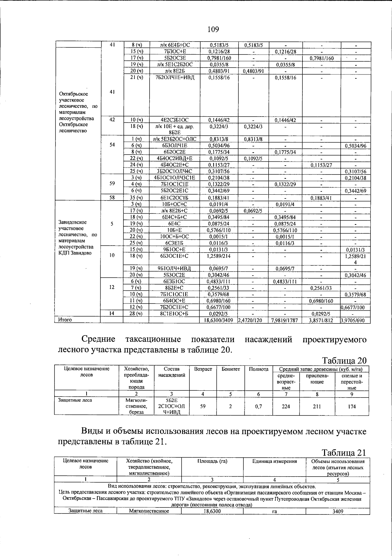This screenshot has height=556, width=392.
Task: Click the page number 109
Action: pyautogui.click(x=213, y=30)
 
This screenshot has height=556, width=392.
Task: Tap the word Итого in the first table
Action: pyautogui.click(x=65, y=320)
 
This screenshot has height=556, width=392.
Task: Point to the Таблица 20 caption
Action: pyautogui.click(x=344, y=360)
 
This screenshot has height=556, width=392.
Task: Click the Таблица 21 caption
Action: pyautogui.click(x=344, y=452)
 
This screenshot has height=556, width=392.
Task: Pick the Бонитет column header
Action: pyautogui.click(x=231, y=369)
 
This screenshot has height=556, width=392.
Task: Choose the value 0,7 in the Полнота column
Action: pyautogui.click(x=258, y=406)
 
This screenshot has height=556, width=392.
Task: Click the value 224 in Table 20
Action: pyautogui.click(x=286, y=406)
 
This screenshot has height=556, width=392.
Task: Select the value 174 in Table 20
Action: pyautogui.click(x=351, y=406)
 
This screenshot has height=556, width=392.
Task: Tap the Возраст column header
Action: pyautogui.click(x=203, y=369)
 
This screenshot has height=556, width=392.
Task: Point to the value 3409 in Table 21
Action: pyautogui.click(x=338, y=511)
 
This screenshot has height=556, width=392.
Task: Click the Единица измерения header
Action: pyautogui.click(x=274, y=462)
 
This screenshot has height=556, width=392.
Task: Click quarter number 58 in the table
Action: pyautogui.click(x=112, y=197)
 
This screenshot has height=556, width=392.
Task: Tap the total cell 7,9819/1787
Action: pyautogui.click(x=285, y=320)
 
